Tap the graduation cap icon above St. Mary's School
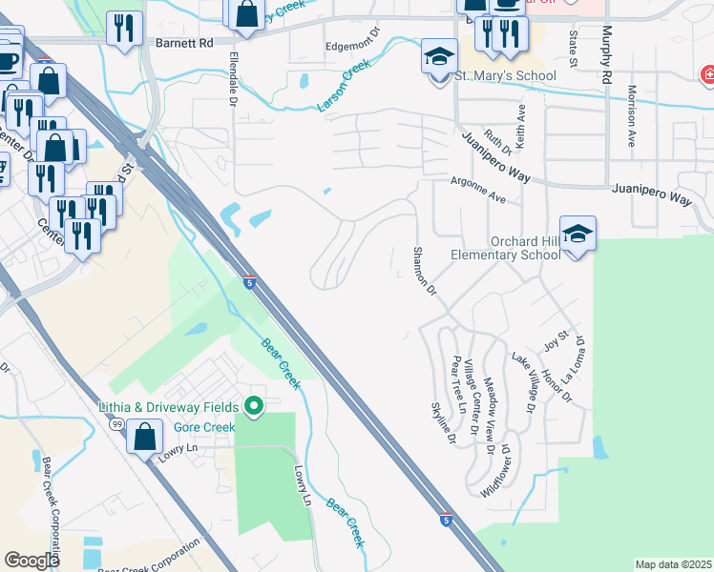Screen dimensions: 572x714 (439, 56)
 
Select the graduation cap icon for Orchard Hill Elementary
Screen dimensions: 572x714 (577, 234)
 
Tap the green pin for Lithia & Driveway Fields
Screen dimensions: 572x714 (253, 407)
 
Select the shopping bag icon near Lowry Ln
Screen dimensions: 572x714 (144, 438)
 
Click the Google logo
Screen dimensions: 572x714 (32, 560)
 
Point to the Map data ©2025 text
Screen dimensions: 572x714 (673, 564)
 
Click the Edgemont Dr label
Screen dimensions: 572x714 (353, 45)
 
